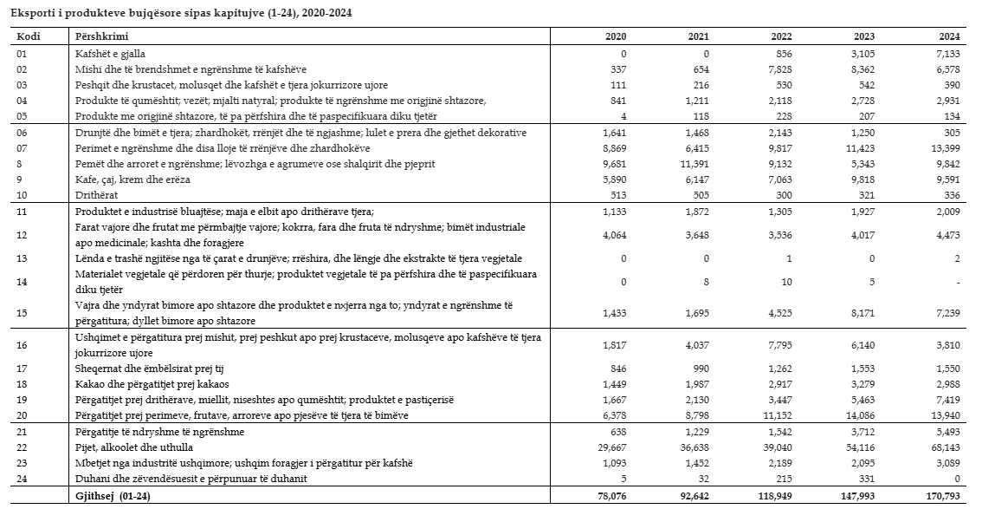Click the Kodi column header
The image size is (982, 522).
point(29,37)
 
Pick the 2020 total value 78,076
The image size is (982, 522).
point(610,496)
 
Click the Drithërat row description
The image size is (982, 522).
point(98,194)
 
